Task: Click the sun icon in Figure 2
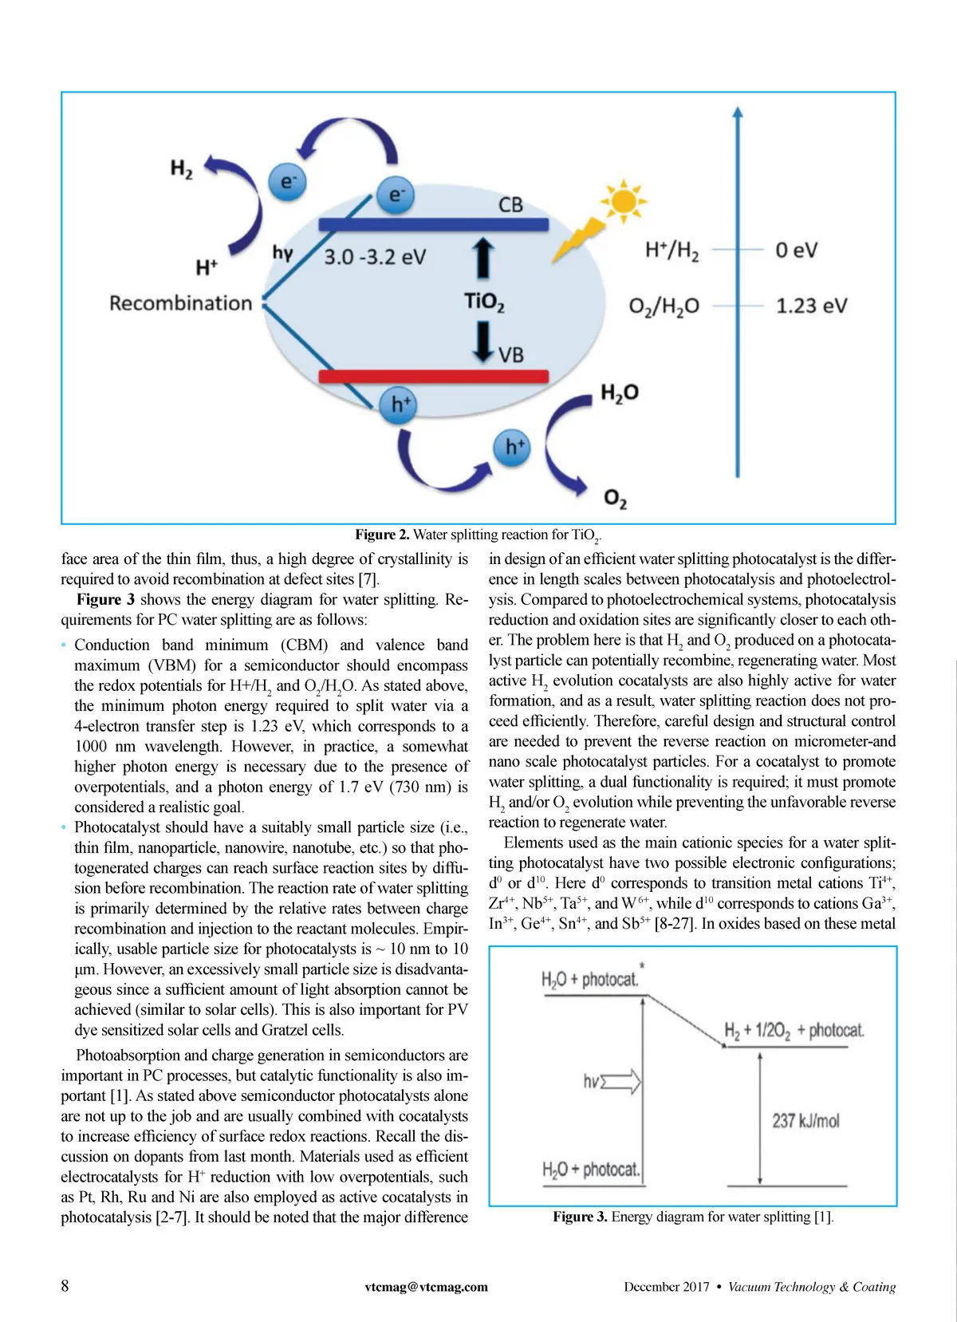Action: click(x=623, y=201)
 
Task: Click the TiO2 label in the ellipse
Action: click(x=484, y=302)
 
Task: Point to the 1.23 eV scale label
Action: click(x=811, y=306)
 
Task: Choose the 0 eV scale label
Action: click(x=796, y=251)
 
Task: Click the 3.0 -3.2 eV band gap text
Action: click(x=375, y=257)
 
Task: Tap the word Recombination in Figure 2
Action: click(x=180, y=303)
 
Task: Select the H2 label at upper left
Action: click(x=182, y=169)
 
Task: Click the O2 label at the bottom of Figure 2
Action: click(x=615, y=499)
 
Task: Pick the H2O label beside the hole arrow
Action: click(x=620, y=393)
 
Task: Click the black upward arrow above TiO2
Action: click(x=483, y=258)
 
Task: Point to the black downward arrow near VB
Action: click(x=483, y=341)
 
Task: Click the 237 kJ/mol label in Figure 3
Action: click(x=805, y=1121)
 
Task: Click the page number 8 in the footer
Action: click(x=65, y=1285)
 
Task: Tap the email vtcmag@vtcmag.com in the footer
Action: click(x=426, y=1286)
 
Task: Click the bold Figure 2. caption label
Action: click(x=382, y=535)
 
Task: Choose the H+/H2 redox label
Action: click(x=671, y=251)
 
